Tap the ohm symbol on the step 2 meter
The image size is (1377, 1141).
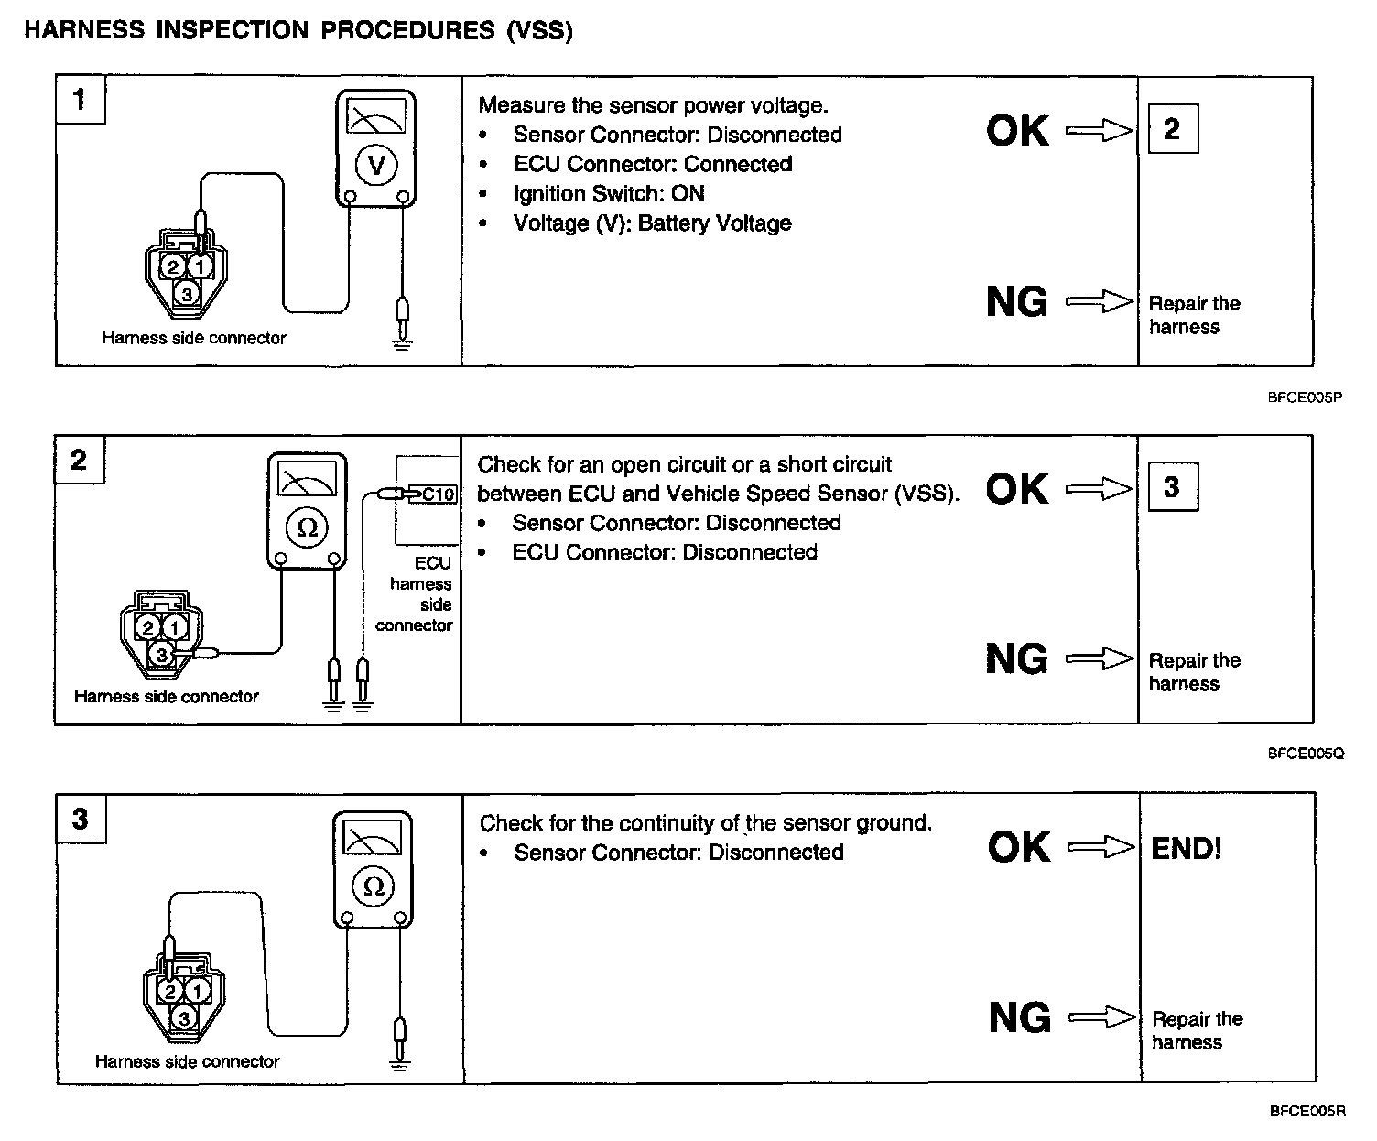pos(309,527)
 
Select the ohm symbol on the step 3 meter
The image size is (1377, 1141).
pos(373,886)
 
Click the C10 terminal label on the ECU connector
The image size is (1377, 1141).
pos(437,494)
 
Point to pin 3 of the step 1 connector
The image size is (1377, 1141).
pos(187,294)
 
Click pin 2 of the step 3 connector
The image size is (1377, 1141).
pos(169,991)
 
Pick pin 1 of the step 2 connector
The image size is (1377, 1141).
pos(175,627)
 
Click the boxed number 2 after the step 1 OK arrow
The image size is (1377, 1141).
pos(1172,129)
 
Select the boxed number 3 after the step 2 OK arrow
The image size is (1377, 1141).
pos(1172,487)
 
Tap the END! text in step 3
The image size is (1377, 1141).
pos(1186,848)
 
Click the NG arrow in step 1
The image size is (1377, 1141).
pos(1100,301)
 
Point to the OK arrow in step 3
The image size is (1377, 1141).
pos(1101,848)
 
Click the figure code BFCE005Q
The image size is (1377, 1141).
pos(1306,754)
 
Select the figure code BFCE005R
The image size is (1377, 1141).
pos(1307,1112)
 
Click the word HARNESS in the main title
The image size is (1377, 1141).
pos(85,30)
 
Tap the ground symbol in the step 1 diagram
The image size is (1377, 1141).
pos(401,342)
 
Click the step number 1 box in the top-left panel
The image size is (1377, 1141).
pos(80,99)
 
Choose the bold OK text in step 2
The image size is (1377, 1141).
pos(1017,489)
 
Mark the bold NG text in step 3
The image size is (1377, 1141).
pos(1020,1017)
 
